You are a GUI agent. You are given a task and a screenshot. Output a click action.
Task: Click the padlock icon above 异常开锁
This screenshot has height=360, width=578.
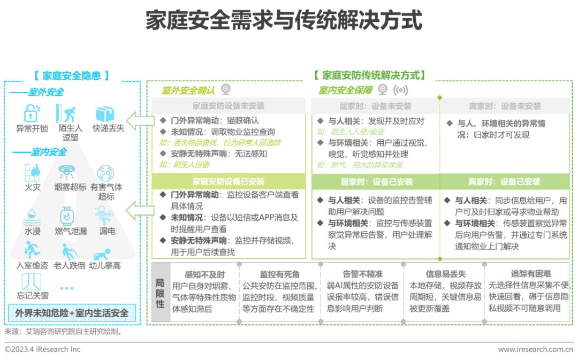coord(32,113)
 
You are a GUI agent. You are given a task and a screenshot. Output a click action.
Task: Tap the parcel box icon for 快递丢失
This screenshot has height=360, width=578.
coord(105,113)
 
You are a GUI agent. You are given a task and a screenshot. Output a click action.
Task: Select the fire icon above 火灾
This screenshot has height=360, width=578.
coord(32,173)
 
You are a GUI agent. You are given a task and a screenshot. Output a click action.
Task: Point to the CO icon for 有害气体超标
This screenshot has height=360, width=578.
coord(106,173)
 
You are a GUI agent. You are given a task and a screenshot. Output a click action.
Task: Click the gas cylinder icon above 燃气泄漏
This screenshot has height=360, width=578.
coord(67,216)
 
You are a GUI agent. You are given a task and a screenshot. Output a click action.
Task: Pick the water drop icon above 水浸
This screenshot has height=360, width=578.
coord(32,217)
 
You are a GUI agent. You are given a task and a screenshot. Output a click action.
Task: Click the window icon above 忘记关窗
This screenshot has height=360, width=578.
coord(32,282)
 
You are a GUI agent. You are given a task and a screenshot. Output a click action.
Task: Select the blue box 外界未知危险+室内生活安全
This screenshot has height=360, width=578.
coord(72,313)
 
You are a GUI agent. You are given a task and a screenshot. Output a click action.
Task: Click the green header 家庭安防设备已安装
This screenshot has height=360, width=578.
coord(229,181)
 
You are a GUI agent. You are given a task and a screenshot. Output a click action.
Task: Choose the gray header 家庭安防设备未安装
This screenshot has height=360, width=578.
coord(229,106)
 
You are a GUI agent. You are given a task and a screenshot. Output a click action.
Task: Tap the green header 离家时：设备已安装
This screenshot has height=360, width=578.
coord(504,182)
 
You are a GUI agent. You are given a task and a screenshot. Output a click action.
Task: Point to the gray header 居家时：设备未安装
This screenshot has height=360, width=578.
coord(375,106)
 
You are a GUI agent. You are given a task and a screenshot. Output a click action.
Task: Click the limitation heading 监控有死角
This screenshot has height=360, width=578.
coord(280,274)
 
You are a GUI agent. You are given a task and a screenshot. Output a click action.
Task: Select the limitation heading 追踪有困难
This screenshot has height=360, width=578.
coord(531,274)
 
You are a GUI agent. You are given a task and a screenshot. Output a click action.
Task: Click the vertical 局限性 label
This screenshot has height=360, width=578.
coord(160,293)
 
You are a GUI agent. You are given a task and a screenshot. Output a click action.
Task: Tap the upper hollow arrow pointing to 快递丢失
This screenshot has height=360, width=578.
coord(140,120)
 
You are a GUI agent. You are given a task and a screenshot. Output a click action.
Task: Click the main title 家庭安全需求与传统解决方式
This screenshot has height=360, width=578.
coord(284,20)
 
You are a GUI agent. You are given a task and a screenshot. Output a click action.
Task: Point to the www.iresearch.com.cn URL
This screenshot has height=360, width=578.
coord(536,349)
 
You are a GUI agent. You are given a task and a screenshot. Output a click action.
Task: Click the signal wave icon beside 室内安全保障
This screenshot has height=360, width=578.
coord(401,90)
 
